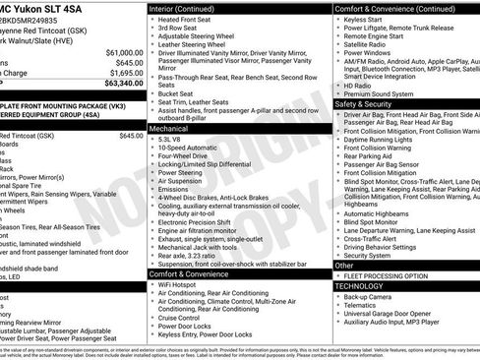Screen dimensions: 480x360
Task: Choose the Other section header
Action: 344,265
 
